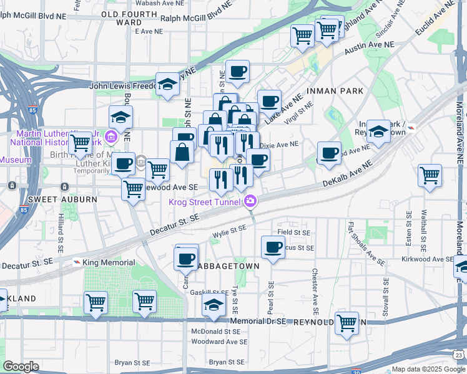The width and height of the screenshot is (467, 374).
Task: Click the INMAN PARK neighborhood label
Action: click(x=334, y=91)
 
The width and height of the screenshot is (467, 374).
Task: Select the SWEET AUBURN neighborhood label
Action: click(x=62, y=199)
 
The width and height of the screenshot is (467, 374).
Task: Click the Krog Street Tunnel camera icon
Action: click(x=250, y=201)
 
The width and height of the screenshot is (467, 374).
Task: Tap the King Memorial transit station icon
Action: click(x=77, y=262)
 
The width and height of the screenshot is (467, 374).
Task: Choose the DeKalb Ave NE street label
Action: click(x=348, y=173)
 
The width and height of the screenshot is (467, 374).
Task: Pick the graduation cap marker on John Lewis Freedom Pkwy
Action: click(x=167, y=85)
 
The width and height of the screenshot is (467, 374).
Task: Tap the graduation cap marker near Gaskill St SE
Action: click(x=214, y=305)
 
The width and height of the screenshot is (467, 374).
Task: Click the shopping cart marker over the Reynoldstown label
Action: click(x=347, y=323)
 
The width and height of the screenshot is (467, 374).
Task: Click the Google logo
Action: click(x=21, y=367)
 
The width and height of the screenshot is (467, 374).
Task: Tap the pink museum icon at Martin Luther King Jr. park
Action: click(x=112, y=137)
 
